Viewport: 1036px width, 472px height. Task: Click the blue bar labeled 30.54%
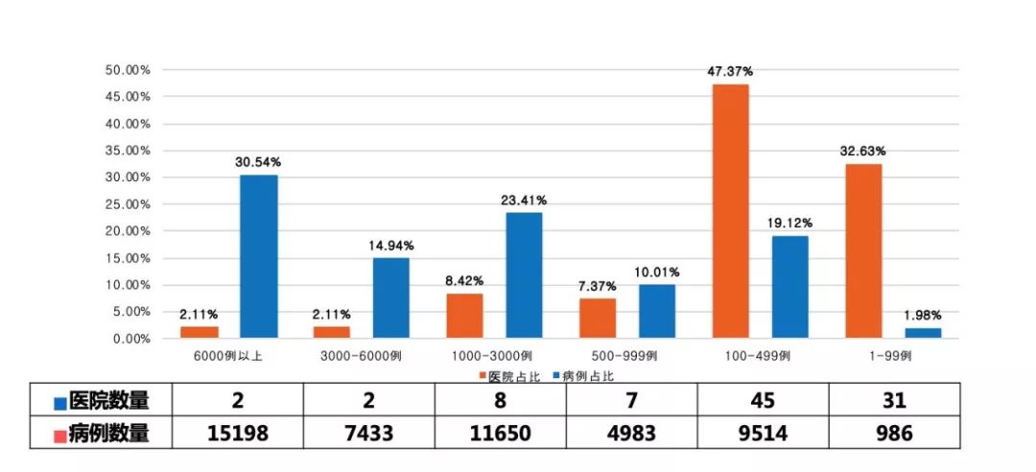click(259, 256)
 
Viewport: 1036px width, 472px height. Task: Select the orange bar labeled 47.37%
click(730, 211)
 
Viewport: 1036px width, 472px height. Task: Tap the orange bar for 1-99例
click(863, 250)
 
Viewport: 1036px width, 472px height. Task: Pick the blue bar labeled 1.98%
click(923, 333)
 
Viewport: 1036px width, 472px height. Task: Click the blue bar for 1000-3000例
click(524, 275)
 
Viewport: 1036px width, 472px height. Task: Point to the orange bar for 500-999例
click(598, 318)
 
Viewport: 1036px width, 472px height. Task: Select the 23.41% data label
click(523, 201)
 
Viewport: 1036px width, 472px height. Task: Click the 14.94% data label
click(390, 246)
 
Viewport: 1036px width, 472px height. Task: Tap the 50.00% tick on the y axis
click(127, 70)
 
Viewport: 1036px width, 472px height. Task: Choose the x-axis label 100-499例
click(759, 355)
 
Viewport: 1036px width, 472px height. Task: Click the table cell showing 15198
click(238, 434)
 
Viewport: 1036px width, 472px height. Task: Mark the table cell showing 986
click(893, 434)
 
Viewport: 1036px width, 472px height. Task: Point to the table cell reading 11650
click(500, 434)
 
